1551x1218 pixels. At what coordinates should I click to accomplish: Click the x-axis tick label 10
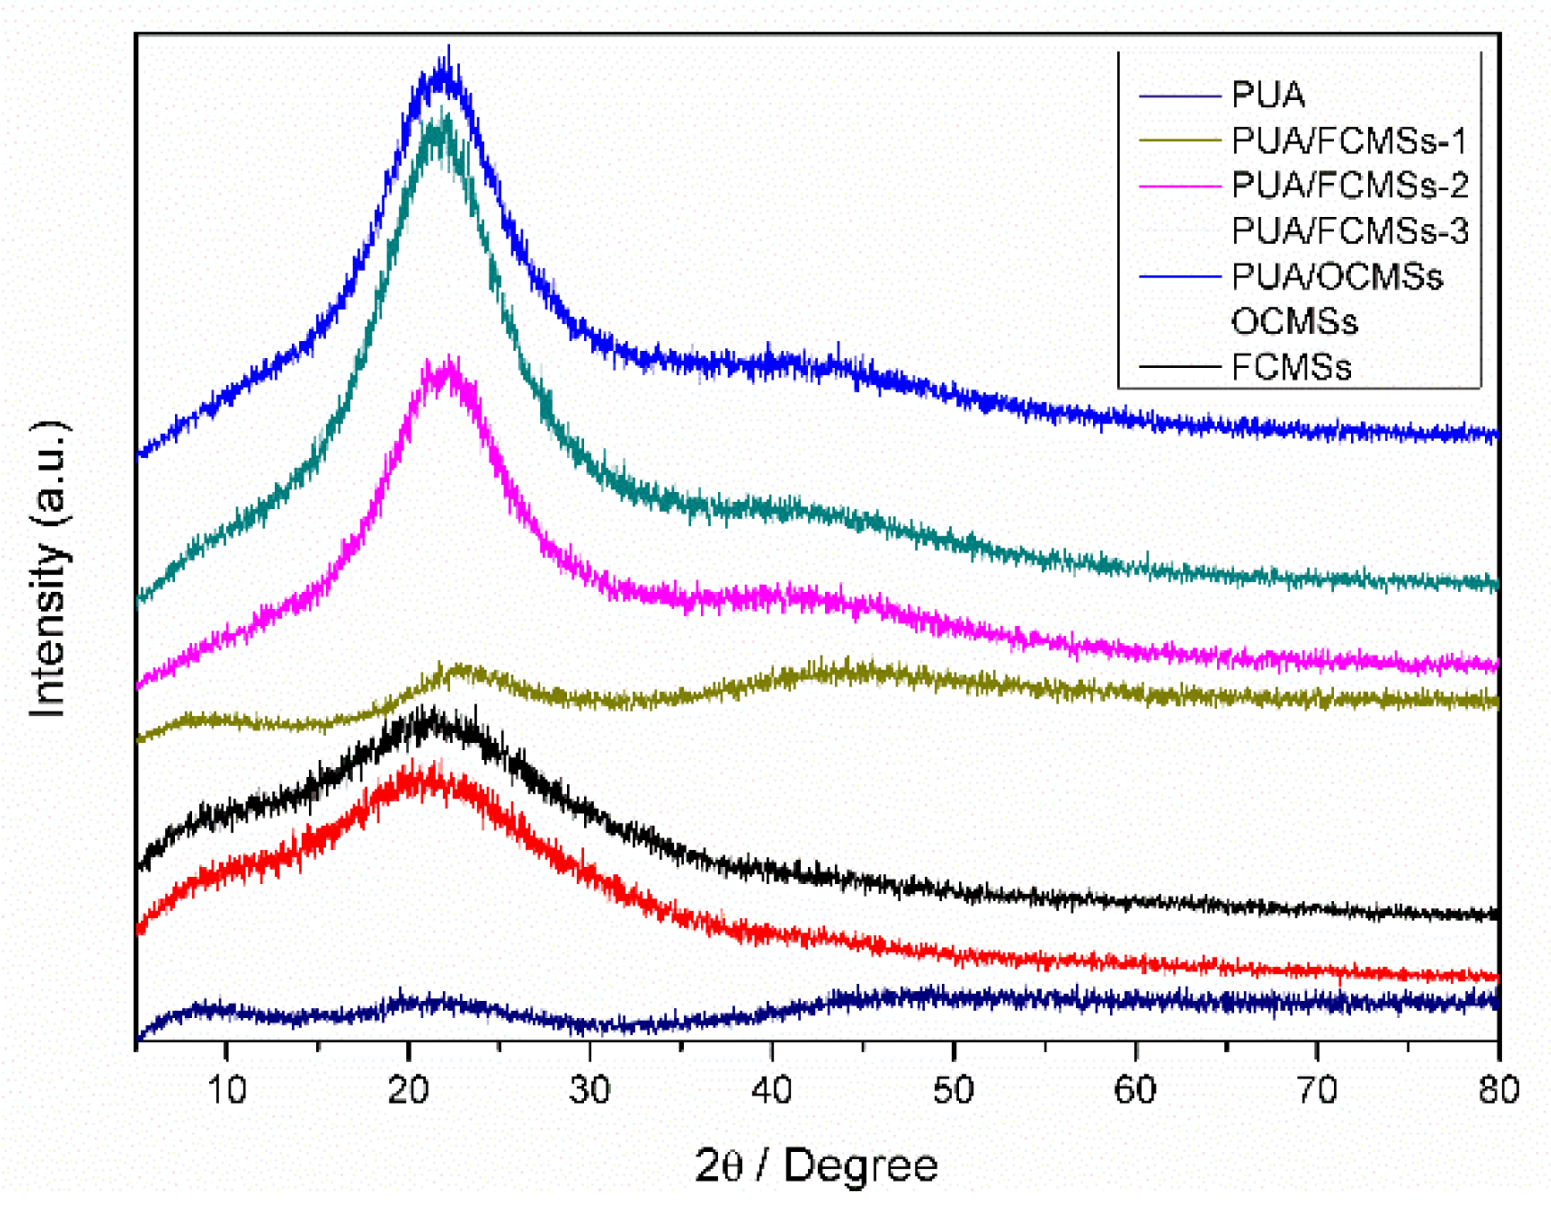(227, 1089)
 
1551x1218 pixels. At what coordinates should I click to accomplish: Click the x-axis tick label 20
(409, 1089)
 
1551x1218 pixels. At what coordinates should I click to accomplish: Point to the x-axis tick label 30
(590, 1089)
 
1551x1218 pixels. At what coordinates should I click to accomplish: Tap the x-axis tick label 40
(771, 1089)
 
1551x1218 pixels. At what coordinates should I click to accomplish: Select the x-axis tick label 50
(954, 1089)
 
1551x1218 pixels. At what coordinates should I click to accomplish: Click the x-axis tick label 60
(1135, 1089)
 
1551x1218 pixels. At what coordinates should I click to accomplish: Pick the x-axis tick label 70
(1317, 1089)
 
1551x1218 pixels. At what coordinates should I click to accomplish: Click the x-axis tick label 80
(1498, 1089)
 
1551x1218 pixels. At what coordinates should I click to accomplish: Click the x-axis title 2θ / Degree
(816, 1165)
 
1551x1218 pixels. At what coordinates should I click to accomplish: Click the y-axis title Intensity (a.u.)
(49, 568)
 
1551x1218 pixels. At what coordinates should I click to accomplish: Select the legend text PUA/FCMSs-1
(1349, 140)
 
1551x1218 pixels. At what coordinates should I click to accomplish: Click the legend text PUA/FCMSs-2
(1349, 186)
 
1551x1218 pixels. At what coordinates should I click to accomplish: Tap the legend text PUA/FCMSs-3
(1349, 231)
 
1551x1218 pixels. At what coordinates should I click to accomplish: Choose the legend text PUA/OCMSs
(1337, 277)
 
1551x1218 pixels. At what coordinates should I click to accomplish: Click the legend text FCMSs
(1291, 367)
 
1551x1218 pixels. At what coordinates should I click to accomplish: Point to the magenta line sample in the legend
(1180, 186)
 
